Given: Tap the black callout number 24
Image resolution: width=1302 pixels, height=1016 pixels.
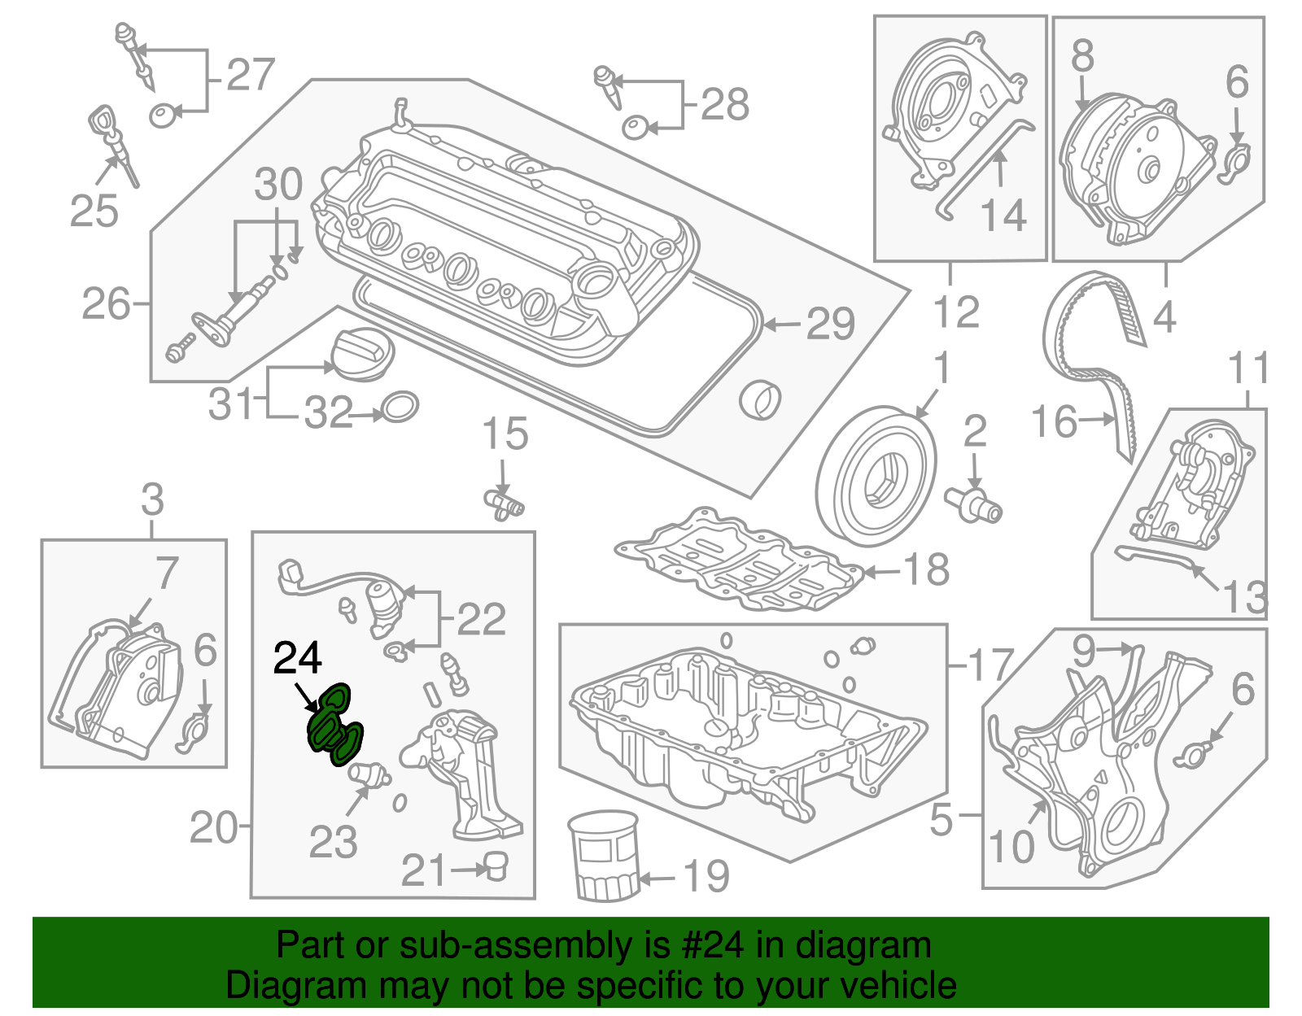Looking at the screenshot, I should click(x=297, y=658).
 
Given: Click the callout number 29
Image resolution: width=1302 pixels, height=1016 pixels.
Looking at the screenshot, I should click(x=830, y=325).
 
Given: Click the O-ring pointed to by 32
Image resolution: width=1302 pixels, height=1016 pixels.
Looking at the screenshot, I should click(x=400, y=408).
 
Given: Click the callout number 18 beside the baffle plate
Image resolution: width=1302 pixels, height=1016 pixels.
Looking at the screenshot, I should click(x=926, y=570).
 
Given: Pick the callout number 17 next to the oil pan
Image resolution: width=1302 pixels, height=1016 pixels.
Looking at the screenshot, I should click(x=990, y=665).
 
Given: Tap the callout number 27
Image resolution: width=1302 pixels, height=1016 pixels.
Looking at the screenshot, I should click(x=250, y=76).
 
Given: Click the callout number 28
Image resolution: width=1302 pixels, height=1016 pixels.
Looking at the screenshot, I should click(x=724, y=105).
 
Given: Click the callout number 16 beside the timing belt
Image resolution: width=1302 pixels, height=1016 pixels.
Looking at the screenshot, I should click(x=1055, y=422).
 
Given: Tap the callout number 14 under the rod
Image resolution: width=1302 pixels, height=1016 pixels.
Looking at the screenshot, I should click(x=1003, y=216).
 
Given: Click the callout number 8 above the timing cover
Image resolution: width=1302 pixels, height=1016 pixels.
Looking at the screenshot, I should click(x=1082, y=56).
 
